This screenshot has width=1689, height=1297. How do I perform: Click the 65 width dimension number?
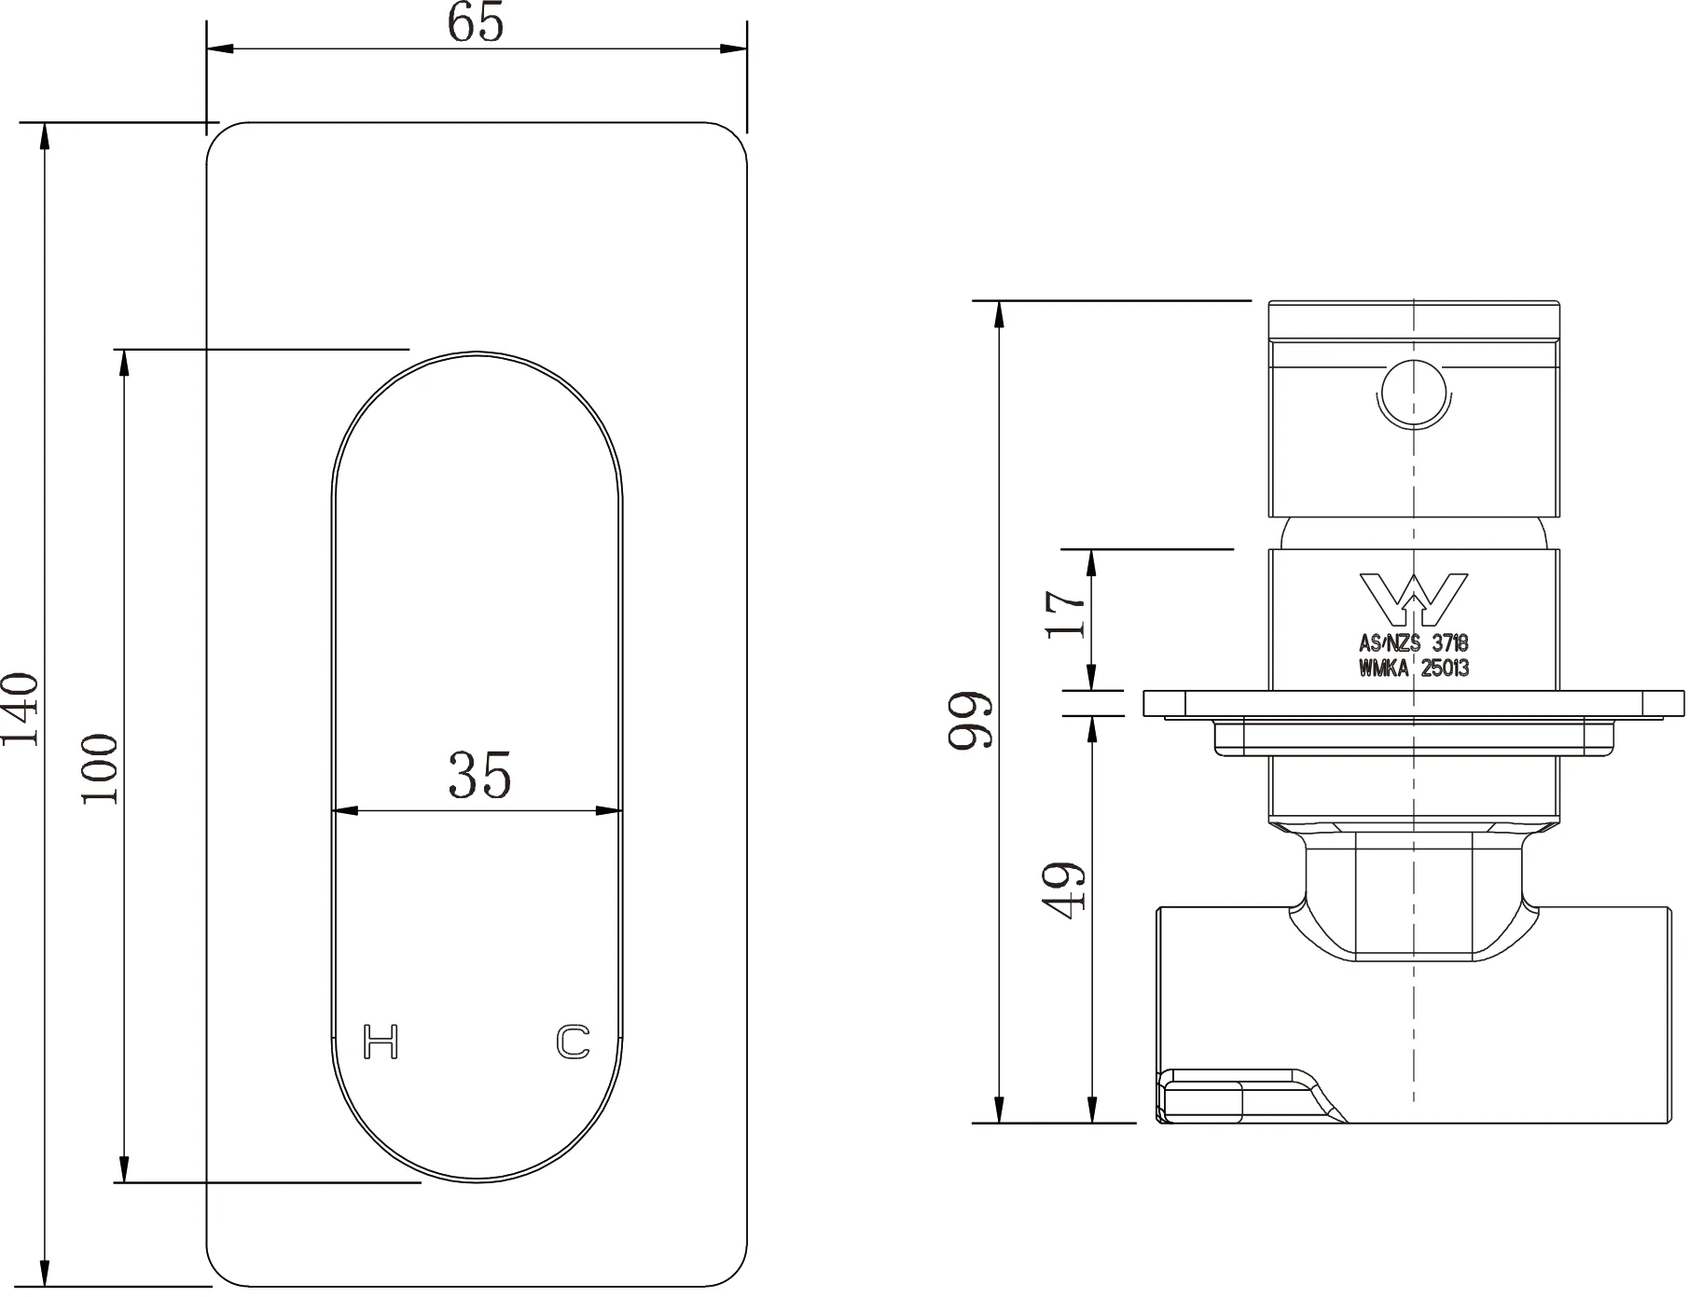point(476,22)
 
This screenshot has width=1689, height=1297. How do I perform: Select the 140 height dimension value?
point(21,709)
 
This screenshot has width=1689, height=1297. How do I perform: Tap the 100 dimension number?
point(101,768)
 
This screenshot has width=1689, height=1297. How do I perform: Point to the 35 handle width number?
point(479,775)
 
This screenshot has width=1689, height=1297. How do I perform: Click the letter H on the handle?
point(381,1041)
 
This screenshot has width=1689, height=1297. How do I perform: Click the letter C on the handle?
point(574,1042)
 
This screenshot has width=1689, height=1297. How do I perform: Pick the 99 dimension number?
point(970,720)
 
